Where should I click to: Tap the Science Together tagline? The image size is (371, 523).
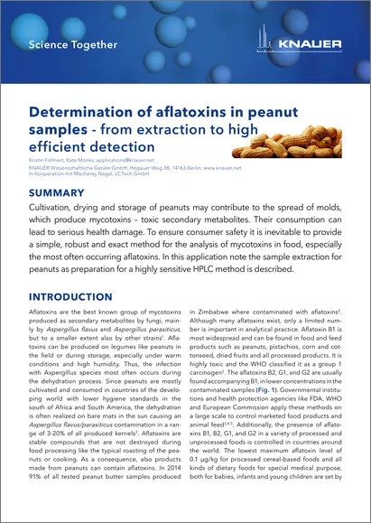click(72, 43)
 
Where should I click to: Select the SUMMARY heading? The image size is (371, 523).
click(58, 193)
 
